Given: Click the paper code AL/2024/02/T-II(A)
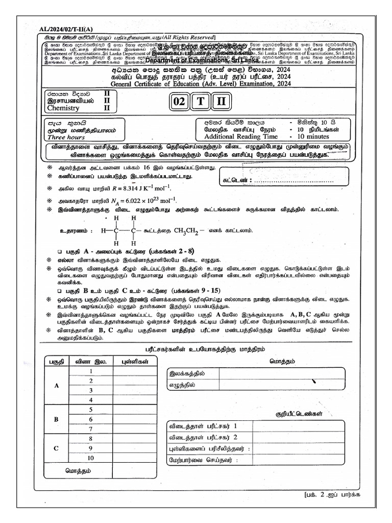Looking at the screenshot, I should (x=56, y=29).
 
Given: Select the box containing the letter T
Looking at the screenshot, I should (x=200, y=102).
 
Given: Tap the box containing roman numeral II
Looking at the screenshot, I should (x=220, y=102).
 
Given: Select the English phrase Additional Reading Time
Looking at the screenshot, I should (x=240, y=137).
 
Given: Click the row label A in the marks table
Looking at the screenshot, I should (x=57, y=386).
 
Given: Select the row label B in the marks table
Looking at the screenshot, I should (x=57, y=419).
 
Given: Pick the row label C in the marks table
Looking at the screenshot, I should (x=57, y=447).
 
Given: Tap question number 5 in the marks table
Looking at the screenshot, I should (x=90, y=409).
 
